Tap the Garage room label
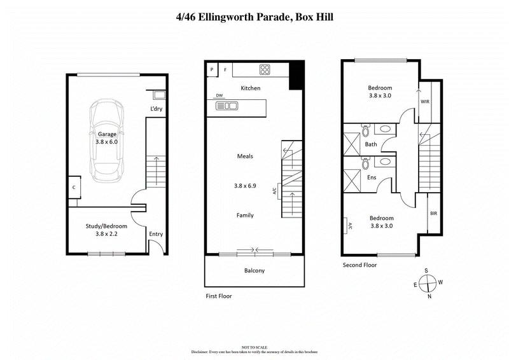pyautogui.click(x=107, y=134)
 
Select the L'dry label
pyautogui.click(x=157, y=109)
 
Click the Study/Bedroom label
pyautogui.click(x=106, y=226)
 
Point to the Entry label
pyautogui.click(x=156, y=234)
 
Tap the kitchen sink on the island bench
pyautogui.click(x=226, y=106)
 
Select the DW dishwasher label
pyautogui.click(x=220, y=95)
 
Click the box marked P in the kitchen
pyautogui.click(x=211, y=69)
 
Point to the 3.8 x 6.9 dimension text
pyautogui.click(x=245, y=186)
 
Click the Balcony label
pyautogui.click(x=254, y=270)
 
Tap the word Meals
pyautogui.click(x=246, y=156)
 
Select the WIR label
pyautogui.click(x=425, y=101)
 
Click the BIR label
pyautogui.click(x=433, y=214)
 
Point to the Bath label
pyautogui.click(x=371, y=144)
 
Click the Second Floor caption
pyautogui.click(x=359, y=265)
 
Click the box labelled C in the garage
pyautogui.click(x=74, y=187)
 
